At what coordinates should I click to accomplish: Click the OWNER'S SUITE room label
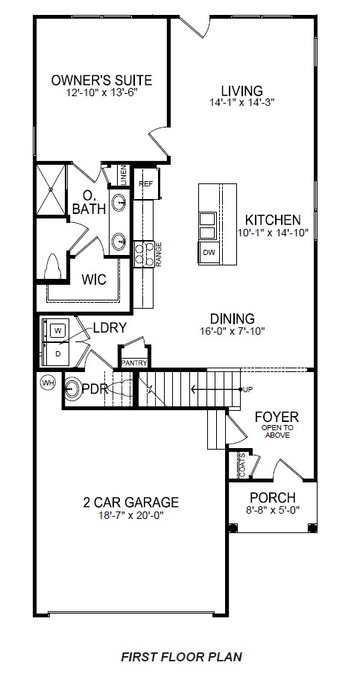tap(101, 80)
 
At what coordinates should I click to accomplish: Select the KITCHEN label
tap(273, 220)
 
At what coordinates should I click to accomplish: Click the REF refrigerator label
tap(145, 183)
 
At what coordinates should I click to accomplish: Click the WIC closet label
tap(94, 280)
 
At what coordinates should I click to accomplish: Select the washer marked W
tap(57, 328)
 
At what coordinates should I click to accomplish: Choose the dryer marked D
tap(57, 352)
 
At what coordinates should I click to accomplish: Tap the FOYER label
tap(277, 416)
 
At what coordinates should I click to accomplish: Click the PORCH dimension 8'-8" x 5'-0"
tap(272, 511)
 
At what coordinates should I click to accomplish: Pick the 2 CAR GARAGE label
tap(130, 502)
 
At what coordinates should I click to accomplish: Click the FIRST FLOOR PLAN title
tap(181, 657)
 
